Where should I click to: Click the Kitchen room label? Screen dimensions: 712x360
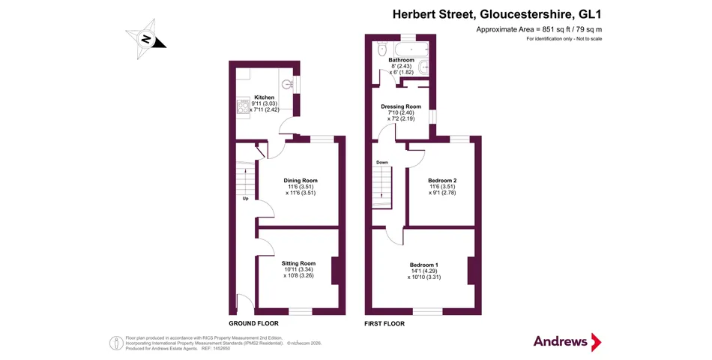tap(265, 97)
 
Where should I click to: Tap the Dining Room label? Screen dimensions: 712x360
tap(300, 181)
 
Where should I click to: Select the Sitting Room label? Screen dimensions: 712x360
tap(298, 263)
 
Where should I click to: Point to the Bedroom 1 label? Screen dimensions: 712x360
tap(423, 265)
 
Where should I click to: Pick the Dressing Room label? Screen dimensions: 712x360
tap(401, 106)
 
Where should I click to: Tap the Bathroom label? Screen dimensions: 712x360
tap(402, 60)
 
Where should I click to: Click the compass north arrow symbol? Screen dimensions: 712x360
tap(145, 39)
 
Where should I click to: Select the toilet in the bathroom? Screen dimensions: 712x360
tap(381, 48)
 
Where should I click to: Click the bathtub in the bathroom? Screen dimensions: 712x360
tap(412, 48)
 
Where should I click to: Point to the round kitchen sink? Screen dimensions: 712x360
tap(287, 84)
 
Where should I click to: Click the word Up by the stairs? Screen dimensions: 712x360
tap(245, 198)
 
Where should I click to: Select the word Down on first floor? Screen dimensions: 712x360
tap(382, 162)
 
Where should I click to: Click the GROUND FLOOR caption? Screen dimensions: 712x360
tap(253, 323)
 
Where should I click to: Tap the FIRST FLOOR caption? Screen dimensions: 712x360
tap(384, 324)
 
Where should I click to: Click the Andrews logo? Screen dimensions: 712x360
tap(567, 342)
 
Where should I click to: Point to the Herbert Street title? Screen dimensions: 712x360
tap(497, 14)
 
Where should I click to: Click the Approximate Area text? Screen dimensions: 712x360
tap(539, 29)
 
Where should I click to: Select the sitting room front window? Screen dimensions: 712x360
tap(301, 311)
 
